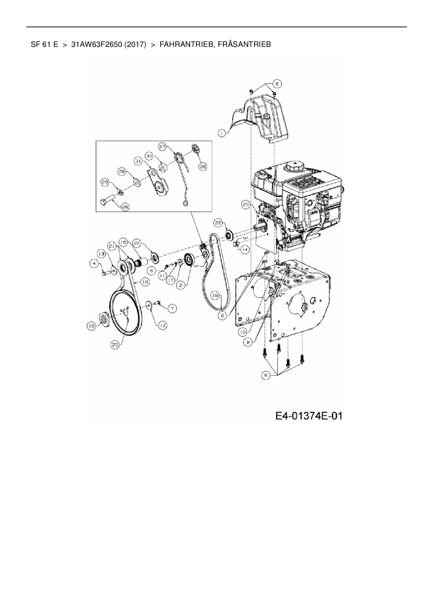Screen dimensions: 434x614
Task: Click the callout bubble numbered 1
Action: click(x=221, y=133)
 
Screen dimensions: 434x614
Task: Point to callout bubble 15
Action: click(x=91, y=326)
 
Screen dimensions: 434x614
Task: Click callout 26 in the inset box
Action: click(x=203, y=167)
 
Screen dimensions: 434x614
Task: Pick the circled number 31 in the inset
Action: click(x=138, y=161)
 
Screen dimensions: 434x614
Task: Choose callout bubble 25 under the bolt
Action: click(x=125, y=207)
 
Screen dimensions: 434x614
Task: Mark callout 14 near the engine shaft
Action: click(x=244, y=250)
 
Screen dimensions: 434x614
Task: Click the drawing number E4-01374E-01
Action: click(x=308, y=416)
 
